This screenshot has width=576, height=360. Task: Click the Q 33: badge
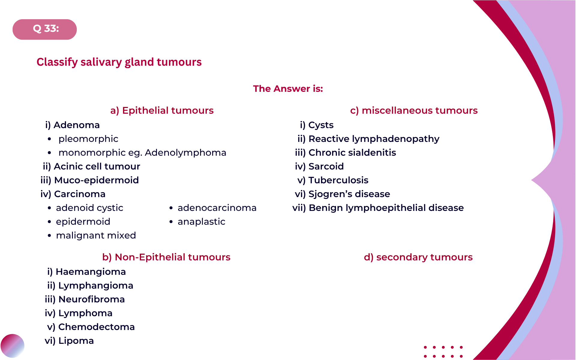45,29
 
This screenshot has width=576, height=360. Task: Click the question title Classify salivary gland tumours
119,62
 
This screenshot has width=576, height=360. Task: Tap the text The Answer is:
288,88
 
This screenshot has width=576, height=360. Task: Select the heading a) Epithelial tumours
162,110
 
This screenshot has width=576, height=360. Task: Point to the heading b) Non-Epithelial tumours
166,257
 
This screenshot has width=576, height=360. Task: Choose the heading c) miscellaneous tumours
414,110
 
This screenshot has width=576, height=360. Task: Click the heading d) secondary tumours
418,257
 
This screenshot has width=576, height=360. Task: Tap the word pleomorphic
88,139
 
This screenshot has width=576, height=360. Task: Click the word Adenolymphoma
185,153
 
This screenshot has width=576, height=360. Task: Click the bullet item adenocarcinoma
217,208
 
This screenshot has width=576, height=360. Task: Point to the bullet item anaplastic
201,222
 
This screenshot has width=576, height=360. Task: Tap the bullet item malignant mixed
96,235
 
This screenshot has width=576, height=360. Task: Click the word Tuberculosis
338,180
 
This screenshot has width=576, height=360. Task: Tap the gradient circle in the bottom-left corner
12,346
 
